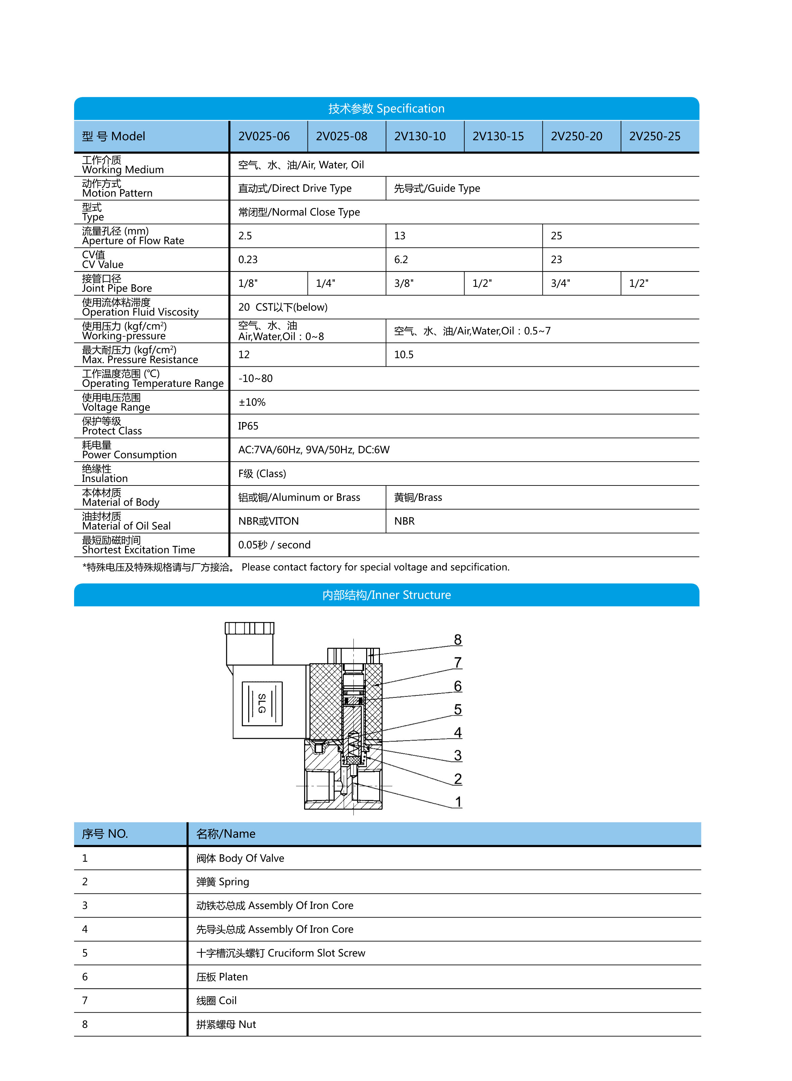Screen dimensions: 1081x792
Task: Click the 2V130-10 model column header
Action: (x=419, y=136)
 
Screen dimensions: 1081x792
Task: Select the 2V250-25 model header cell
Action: (x=655, y=136)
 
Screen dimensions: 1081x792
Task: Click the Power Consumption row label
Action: (x=129, y=455)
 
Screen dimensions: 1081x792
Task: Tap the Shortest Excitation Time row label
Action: (x=138, y=550)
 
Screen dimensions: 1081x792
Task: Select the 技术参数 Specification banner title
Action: (x=386, y=108)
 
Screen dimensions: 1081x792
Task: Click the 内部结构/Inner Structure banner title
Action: (x=386, y=595)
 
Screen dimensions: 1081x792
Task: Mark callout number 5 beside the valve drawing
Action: (x=458, y=709)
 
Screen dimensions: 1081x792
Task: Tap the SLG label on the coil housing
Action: (x=262, y=703)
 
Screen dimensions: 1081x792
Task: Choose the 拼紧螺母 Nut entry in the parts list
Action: (x=226, y=1024)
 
